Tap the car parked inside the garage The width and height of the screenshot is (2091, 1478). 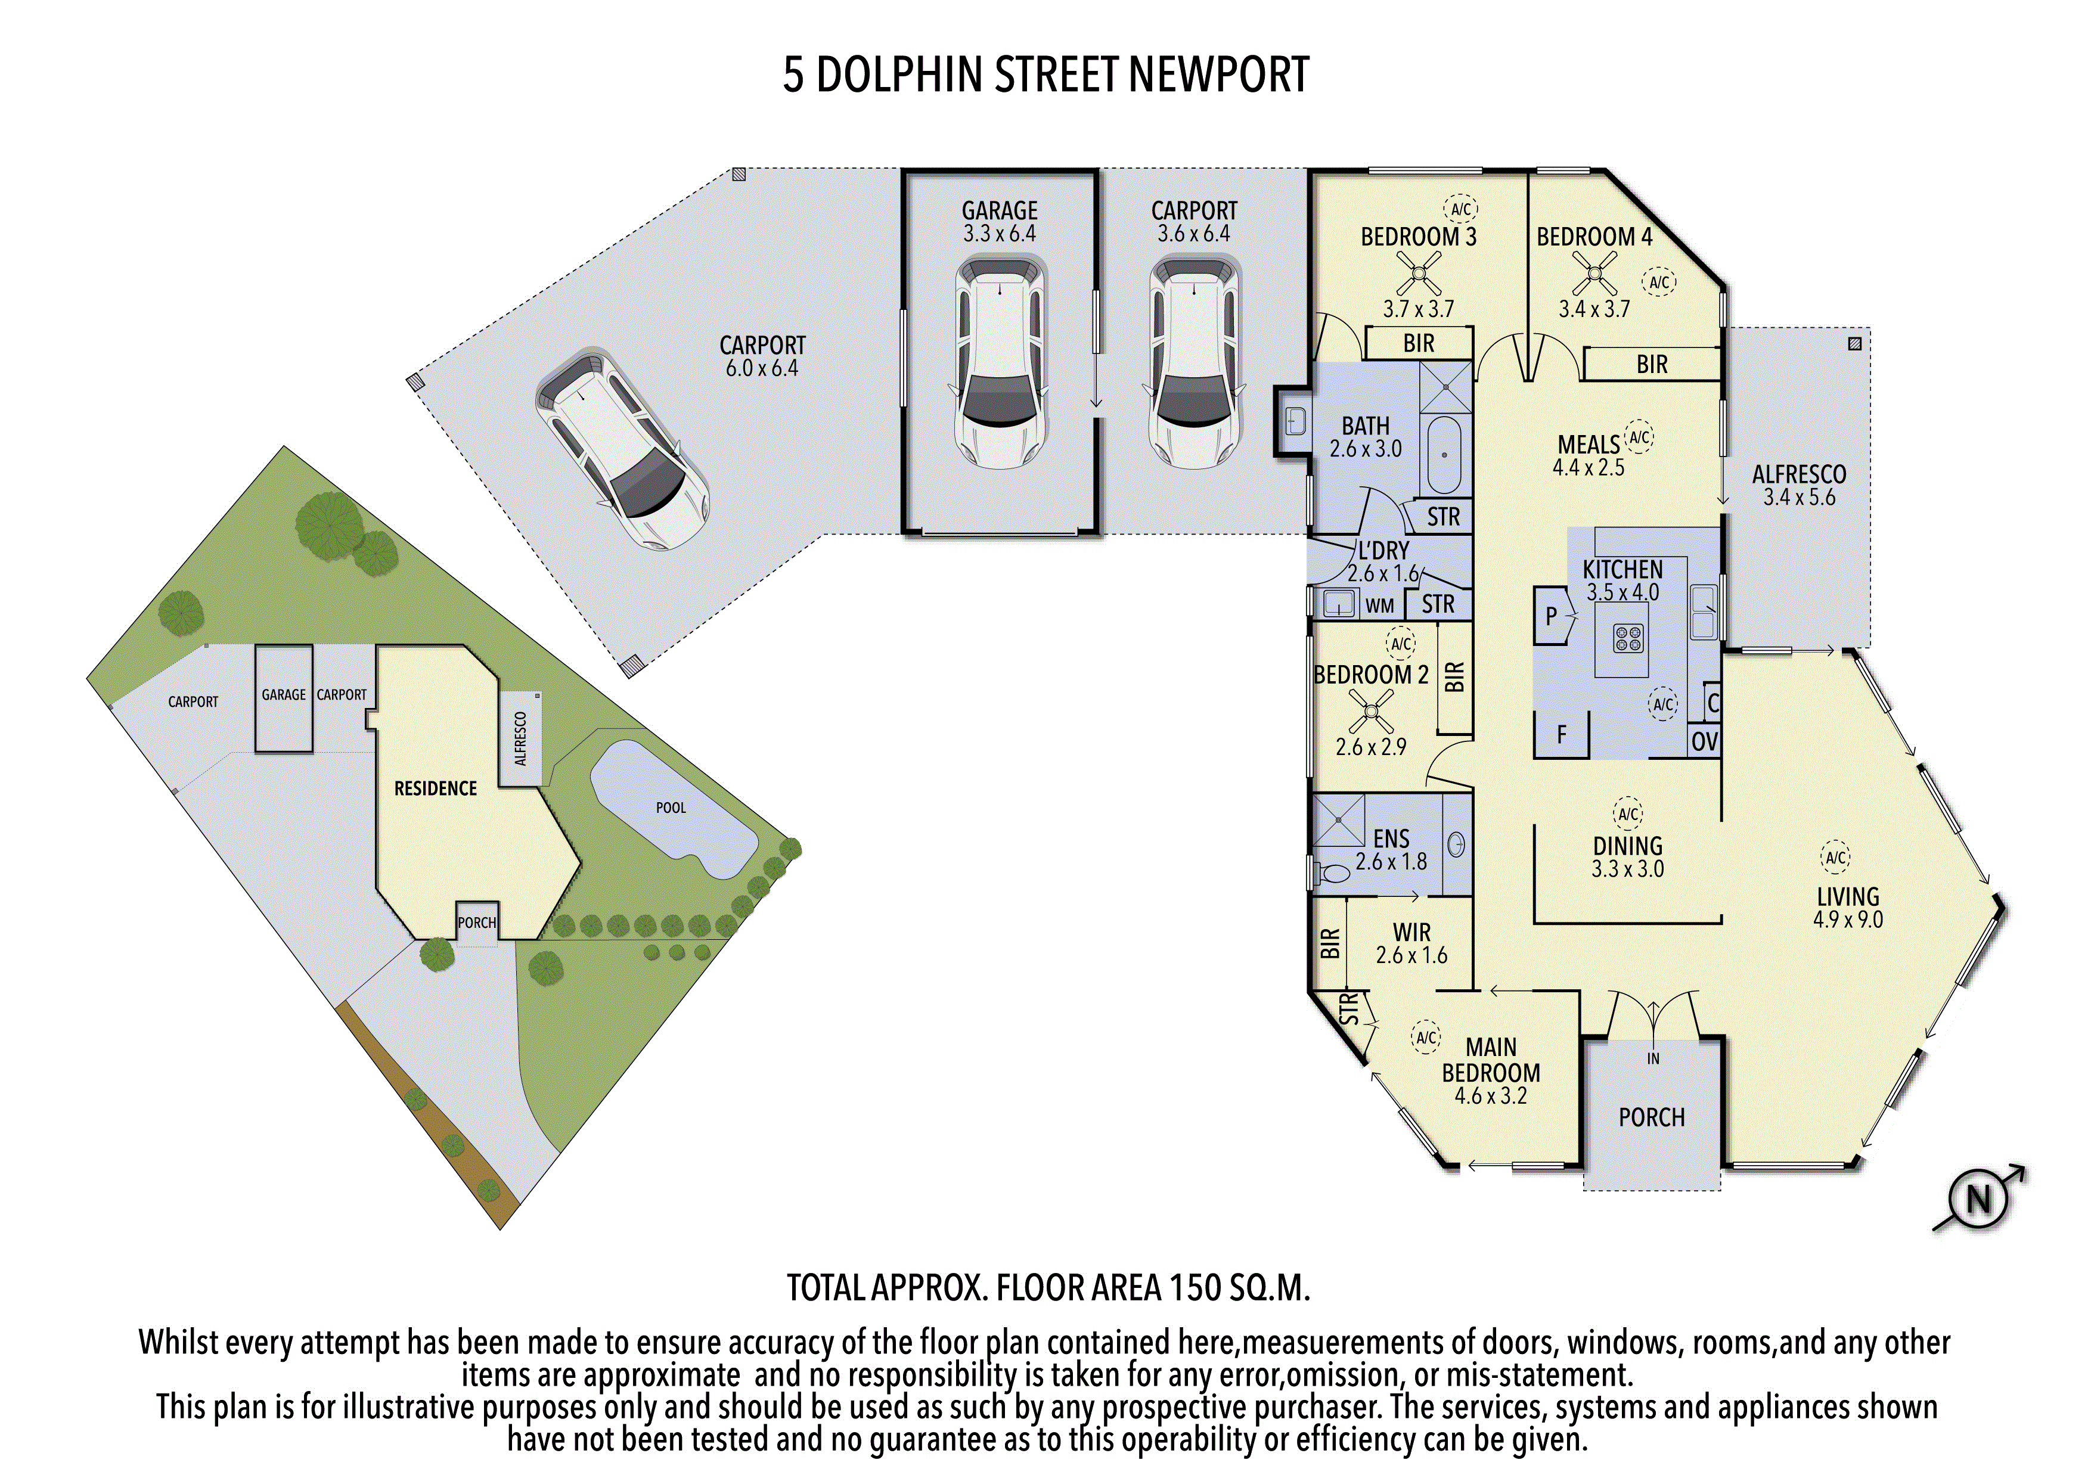coord(1000,362)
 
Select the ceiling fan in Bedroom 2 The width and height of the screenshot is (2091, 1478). coord(1370,711)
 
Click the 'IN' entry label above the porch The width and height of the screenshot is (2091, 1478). coord(1653,1058)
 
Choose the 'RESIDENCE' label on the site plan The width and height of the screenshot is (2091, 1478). coord(435,788)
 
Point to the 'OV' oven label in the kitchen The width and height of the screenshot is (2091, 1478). coord(1704,742)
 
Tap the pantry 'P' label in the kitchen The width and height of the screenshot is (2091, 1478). coord(1552,616)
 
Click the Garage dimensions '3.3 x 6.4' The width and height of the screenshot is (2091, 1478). coord(999,234)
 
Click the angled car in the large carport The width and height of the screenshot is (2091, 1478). coord(622,448)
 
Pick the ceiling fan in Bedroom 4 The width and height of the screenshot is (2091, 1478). coord(1594,272)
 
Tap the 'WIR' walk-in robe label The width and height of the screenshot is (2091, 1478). coord(1411,933)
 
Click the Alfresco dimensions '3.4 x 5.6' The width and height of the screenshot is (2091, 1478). coord(1799,497)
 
